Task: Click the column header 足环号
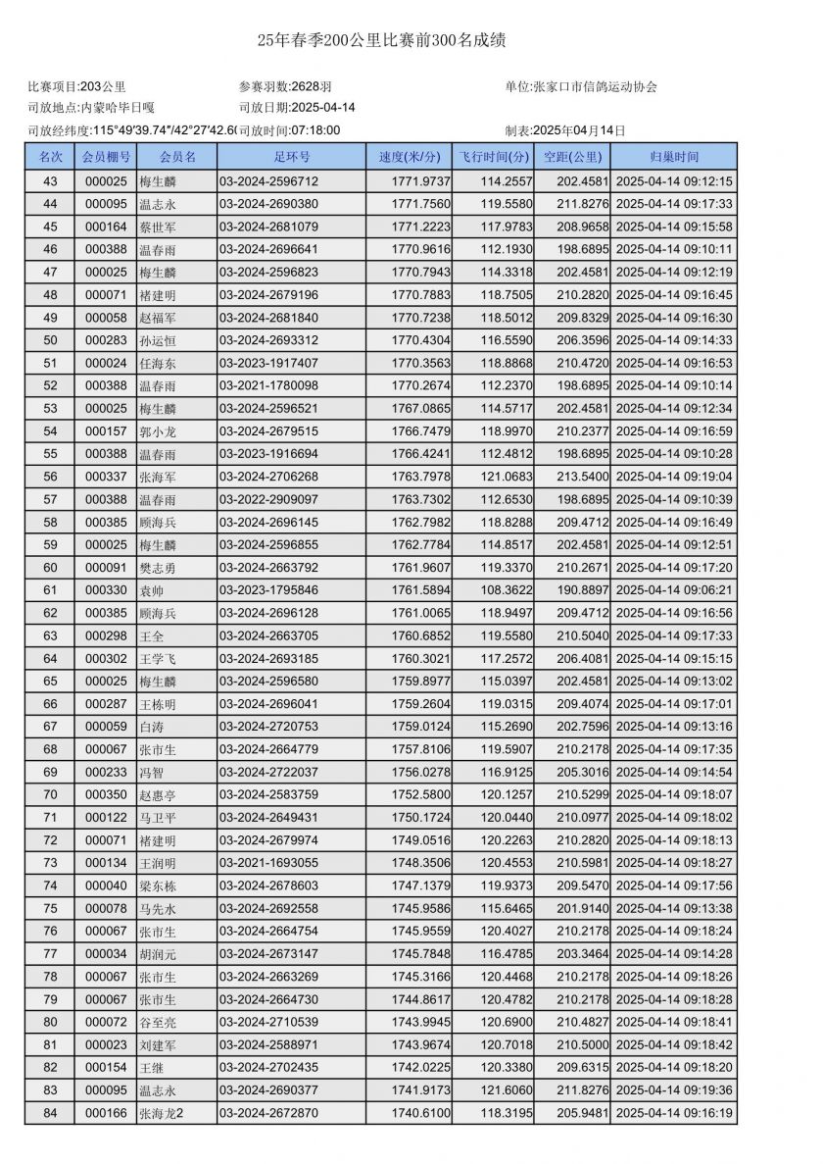coord(292,157)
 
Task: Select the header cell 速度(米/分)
coord(410,157)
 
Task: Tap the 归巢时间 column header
coord(674,157)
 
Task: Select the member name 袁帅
coord(153,590)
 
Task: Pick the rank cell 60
coord(50,568)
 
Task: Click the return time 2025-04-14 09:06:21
coord(674,590)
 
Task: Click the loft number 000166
coord(106,1113)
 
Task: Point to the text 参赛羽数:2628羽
coord(285,86)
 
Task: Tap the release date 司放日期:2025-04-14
coord(297,108)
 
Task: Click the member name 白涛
coord(153,727)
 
